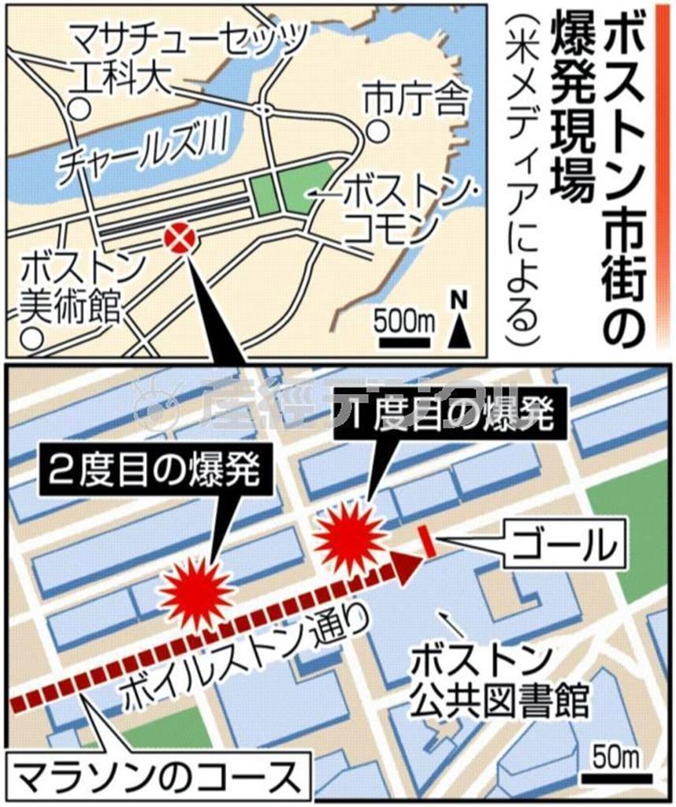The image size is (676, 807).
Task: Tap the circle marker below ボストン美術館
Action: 31,339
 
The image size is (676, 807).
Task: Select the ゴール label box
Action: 566,543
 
